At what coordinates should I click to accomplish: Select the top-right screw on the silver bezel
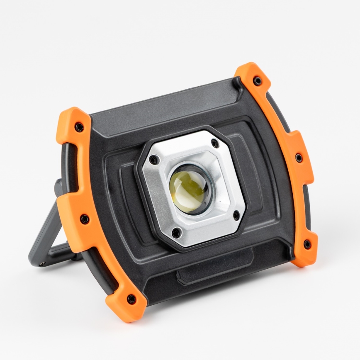pyautogui.click(x=214, y=143)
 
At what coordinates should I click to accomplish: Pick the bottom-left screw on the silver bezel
pyautogui.click(x=176, y=234)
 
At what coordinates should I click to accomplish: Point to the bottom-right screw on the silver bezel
pyautogui.click(x=236, y=215)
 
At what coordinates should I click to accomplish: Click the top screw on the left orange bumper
pyautogui.click(x=79, y=127)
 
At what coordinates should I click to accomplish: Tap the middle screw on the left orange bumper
pyautogui.click(x=85, y=219)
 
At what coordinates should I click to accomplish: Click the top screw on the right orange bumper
pyautogui.click(x=258, y=81)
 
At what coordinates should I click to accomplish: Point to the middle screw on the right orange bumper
pyautogui.click(x=299, y=158)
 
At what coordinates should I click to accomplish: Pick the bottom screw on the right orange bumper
pyautogui.click(x=307, y=245)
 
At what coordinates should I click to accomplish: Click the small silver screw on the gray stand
pyautogui.click(x=41, y=263)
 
